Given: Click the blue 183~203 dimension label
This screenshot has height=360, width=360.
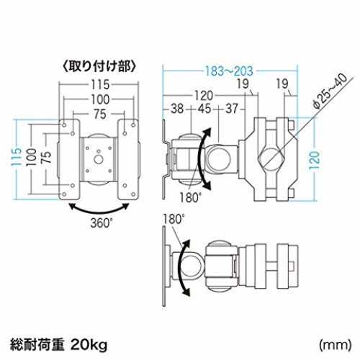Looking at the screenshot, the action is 229,71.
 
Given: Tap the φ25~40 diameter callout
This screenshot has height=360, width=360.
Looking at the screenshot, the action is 330,91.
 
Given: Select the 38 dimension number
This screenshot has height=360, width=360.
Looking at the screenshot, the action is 177,109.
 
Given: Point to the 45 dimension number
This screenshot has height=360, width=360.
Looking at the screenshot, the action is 204,109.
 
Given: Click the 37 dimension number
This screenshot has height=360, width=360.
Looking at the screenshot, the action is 232,109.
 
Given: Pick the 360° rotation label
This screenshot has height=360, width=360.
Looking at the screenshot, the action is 102,223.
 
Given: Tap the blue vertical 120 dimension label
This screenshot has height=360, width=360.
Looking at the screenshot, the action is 315,160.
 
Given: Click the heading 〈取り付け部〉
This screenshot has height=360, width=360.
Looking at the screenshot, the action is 99,66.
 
